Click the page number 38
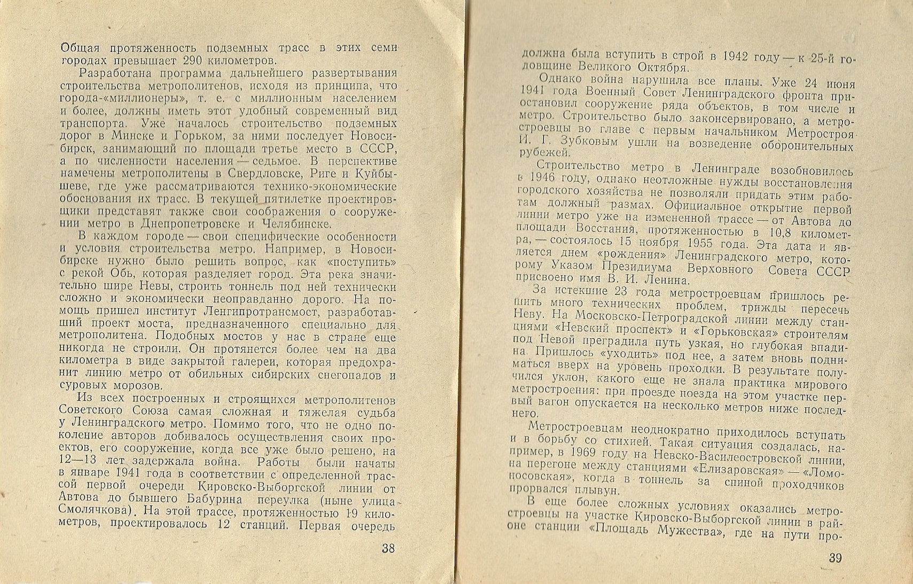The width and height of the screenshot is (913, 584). click(x=388, y=548)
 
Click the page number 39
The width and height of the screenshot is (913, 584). click(x=835, y=558)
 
